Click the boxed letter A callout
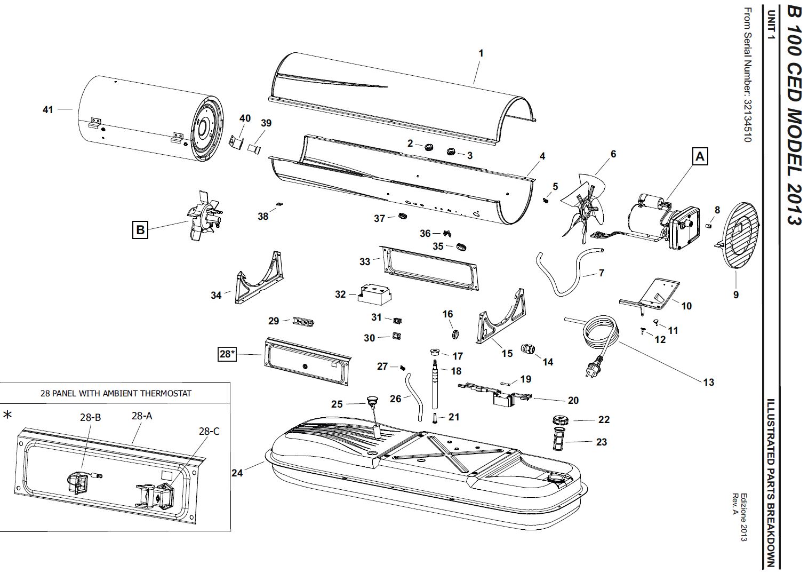(700, 156)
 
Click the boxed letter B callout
(140, 230)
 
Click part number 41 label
(48, 109)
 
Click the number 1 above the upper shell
(481, 53)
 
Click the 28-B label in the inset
(90, 418)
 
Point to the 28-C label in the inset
(209, 431)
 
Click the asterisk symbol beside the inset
(7, 415)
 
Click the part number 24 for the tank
(237, 473)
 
